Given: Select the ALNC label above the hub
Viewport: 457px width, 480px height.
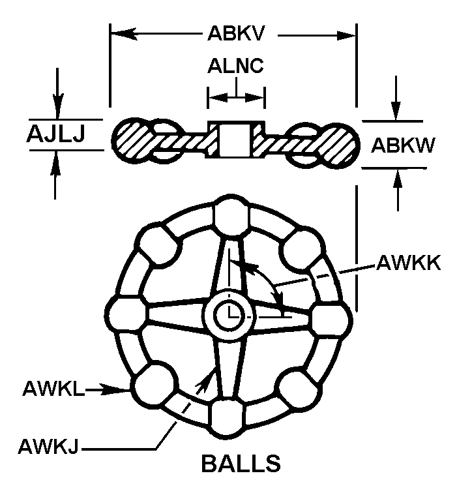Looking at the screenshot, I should [235, 67].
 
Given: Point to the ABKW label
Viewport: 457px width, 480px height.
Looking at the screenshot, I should [402, 144].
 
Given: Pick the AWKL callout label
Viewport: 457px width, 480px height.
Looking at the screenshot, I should [53, 389].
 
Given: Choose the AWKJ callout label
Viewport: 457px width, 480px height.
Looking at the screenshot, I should [49, 447].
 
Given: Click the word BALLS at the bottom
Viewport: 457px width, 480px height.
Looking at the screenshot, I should [241, 462].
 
